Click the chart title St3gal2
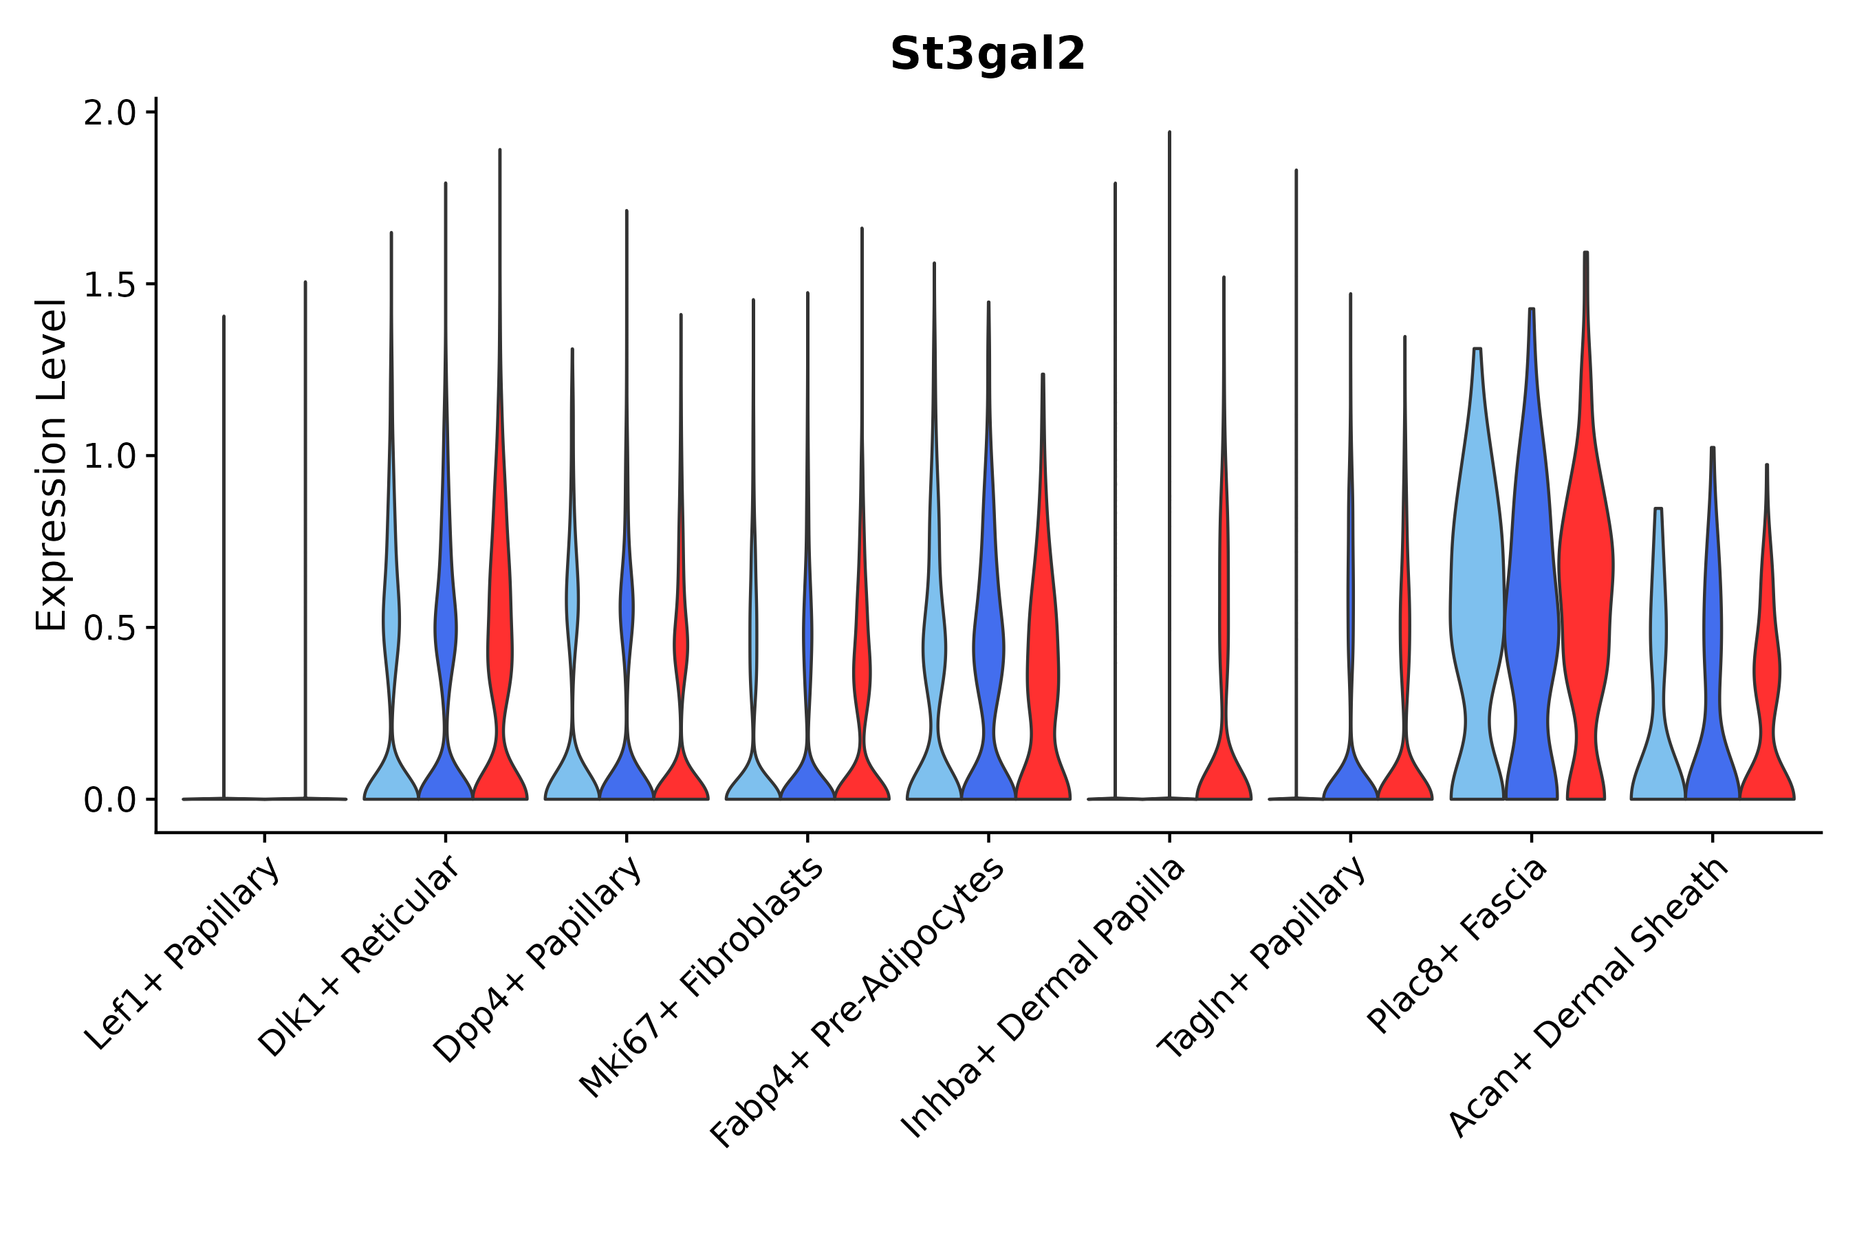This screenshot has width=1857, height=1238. [x=987, y=54]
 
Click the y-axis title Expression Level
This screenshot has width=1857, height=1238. [x=52, y=465]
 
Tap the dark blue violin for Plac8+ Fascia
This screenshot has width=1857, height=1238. [x=1532, y=616]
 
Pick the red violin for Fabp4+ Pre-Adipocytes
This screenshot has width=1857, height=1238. [x=1042, y=671]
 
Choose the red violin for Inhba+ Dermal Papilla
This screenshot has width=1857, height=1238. [x=1224, y=758]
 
